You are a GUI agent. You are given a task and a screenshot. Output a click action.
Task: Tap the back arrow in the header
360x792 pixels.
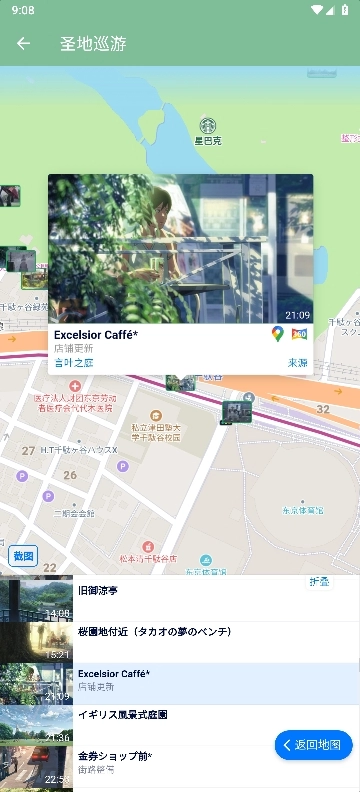tap(23, 43)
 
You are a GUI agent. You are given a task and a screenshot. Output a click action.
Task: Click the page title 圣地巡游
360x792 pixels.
tap(93, 43)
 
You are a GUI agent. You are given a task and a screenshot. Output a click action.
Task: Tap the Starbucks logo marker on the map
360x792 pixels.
tap(207, 125)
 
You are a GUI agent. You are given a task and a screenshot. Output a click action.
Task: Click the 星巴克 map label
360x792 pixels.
tap(207, 141)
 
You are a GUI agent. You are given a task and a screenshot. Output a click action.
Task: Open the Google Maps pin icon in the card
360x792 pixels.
tap(278, 334)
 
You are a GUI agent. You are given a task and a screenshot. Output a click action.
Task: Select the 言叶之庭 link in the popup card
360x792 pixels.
tap(74, 363)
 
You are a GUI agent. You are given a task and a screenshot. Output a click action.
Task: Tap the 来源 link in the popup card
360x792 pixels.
tap(298, 363)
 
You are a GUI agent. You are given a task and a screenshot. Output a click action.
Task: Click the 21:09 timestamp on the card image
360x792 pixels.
tap(297, 315)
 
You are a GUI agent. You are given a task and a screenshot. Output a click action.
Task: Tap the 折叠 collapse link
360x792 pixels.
tap(319, 581)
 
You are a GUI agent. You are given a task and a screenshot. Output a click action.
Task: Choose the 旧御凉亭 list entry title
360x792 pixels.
tap(98, 591)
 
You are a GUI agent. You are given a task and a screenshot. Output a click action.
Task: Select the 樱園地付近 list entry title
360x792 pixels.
tap(154, 632)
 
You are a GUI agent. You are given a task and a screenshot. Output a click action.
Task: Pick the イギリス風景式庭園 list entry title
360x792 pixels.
tap(122, 715)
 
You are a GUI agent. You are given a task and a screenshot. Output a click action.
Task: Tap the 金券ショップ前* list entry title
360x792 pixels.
tap(115, 756)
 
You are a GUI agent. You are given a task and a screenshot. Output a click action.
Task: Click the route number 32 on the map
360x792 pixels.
tap(322, 409)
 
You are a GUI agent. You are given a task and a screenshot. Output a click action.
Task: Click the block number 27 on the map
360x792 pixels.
tap(28, 451)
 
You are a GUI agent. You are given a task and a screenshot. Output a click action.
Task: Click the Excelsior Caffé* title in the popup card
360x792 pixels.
tap(96, 335)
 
